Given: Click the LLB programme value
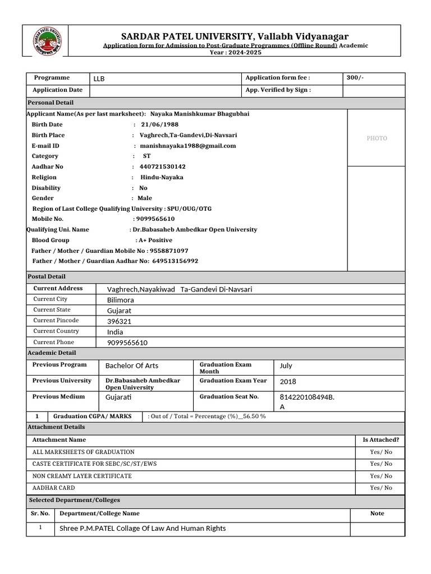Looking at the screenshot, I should pyautogui.click(x=99, y=78).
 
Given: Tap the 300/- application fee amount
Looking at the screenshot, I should pyautogui.click(x=355, y=78).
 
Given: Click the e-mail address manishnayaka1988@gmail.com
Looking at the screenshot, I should pyautogui.click(x=187, y=146).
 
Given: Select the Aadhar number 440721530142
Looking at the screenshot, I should pyautogui.click(x=162, y=166).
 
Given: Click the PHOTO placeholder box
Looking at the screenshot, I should pyautogui.click(x=377, y=138).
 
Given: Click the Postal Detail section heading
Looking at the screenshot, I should pyautogui.click(x=47, y=276).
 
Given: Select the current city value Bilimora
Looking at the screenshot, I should pyautogui.click(x=121, y=300).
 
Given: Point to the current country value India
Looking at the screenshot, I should pyautogui.click(x=115, y=332).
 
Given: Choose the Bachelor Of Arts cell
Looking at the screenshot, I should pyautogui.click(x=132, y=365).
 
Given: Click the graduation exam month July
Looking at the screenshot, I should pyautogui.click(x=286, y=365).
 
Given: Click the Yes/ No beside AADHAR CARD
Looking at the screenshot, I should pyautogui.click(x=381, y=488).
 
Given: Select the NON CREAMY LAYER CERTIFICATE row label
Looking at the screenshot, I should pyautogui.click(x=82, y=476).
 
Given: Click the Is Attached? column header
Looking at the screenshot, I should pyautogui.click(x=381, y=440).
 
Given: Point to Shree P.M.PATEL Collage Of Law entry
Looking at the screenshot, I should pyautogui.click(x=143, y=528).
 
